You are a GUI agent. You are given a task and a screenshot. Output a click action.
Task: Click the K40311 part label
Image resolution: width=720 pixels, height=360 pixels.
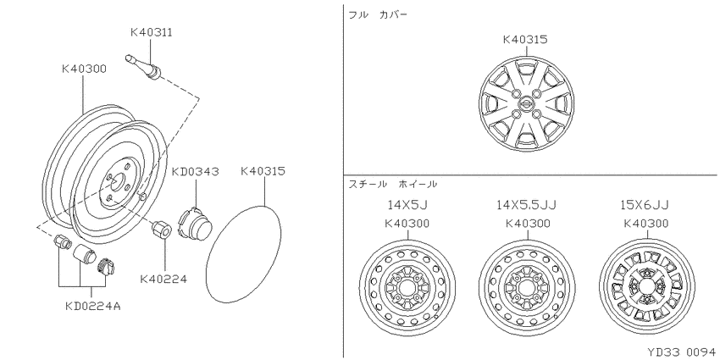point(152,32)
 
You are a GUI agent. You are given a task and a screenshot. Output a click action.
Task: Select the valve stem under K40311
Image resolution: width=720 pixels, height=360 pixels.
point(143,68)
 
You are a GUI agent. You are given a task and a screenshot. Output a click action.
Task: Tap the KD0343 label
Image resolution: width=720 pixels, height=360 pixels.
point(195,172)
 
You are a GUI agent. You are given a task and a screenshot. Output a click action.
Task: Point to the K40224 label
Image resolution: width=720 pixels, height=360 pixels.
point(163,279)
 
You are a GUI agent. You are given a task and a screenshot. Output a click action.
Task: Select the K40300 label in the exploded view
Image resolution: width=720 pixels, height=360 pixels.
point(84,69)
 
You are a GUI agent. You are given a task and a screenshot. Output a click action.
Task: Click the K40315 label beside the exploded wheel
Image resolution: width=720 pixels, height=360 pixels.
point(263,171)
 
